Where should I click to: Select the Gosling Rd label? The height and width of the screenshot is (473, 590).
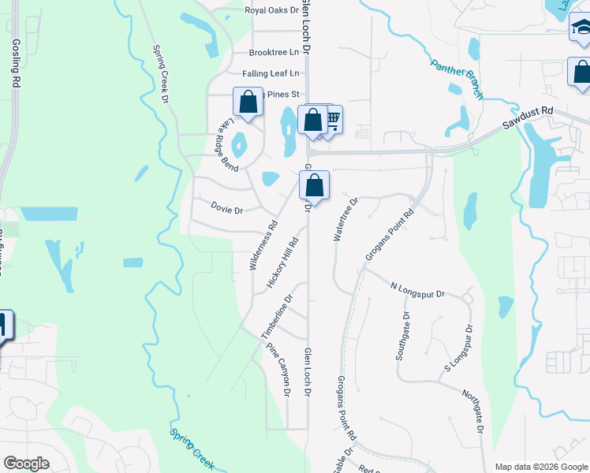15,61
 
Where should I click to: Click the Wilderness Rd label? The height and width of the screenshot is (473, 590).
263,244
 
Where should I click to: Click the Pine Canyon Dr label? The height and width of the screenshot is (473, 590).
279,369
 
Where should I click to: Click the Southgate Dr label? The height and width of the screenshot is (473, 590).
402,337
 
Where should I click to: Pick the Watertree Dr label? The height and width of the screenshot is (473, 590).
345,218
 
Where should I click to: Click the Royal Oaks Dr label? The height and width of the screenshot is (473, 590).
272,11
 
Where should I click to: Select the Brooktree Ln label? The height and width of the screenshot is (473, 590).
274,53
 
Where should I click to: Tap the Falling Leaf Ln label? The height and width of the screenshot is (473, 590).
271,73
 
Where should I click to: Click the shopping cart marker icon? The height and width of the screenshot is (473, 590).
331,120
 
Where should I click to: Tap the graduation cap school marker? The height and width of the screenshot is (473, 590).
581,30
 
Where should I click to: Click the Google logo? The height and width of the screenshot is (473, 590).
26,464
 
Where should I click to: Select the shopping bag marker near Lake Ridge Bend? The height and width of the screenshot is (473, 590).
248,102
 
